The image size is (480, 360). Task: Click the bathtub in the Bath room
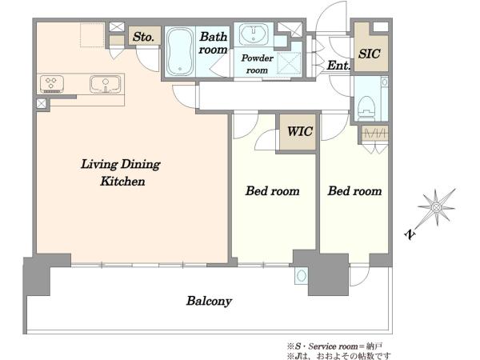(x=180, y=51)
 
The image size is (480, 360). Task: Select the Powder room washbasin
(x=254, y=33)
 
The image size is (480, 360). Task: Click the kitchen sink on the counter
(x=106, y=84)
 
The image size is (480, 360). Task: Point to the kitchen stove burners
(x=52, y=84)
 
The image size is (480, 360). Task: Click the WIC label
(x=300, y=132)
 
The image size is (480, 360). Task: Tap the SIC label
(x=369, y=54)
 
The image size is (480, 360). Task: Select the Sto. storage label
(x=143, y=37)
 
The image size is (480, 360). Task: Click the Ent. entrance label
(x=338, y=66)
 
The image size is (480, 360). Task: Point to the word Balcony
(x=209, y=302)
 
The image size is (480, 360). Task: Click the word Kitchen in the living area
(x=122, y=182)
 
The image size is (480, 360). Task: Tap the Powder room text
(x=257, y=64)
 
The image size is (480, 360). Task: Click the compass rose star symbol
(x=436, y=207)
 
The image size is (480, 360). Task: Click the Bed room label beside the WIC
(x=272, y=191)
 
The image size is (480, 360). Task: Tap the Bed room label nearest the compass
(x=354, y=191)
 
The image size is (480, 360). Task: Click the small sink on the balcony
(x=302, y=276)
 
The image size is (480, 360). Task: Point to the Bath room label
(x=213, y=43)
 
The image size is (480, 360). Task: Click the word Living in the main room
(x=99, y=164)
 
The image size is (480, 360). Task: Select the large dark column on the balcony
(x=328, y=274)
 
